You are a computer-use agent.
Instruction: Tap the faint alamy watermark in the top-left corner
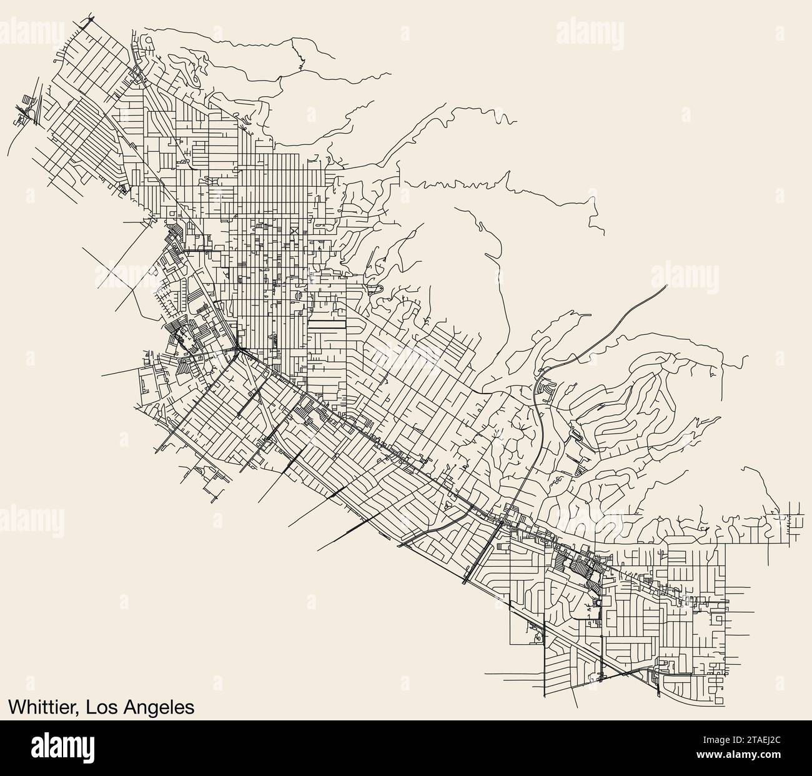pyautogui.click(x=38, y=29)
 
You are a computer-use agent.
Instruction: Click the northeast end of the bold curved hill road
pyautogui.click(x=665, y=286)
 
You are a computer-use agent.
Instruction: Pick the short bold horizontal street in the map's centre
pyautogui.click(x=327, y=325)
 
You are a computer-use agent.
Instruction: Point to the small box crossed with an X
pyautogui.click(x=295, y=231)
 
